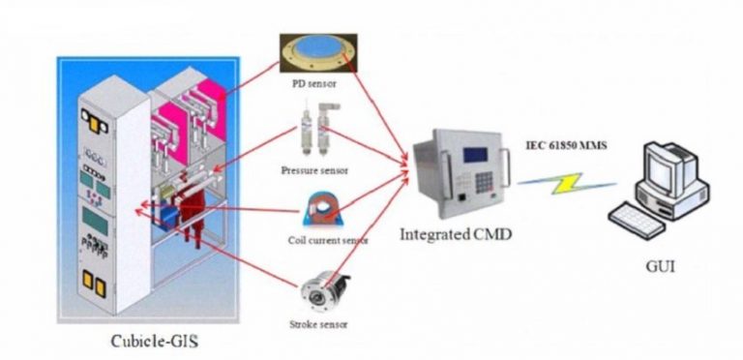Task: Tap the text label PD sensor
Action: [x=314, y=83]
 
